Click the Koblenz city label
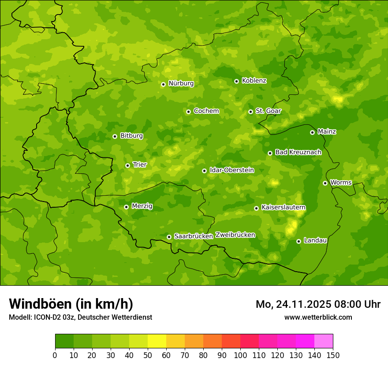pyautogui.click(x=254, y=81)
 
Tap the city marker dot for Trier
pyautogui.click(x=127, y=165)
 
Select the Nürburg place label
pyautogui.click(x=181, y=83)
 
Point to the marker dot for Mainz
pyautogui.click(x=312, y=132)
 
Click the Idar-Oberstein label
pyautogui.click(x=231, y=170)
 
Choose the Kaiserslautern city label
pyautogui.click(x=283, y=207)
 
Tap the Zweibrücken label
pyautogui.click(x=235, y=235)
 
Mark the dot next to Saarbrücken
pyautogui.click(x=169, y=237)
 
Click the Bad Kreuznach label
pyautogui.click(x=298, y=152)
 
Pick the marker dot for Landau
pyautogui.click(x=298, y=241)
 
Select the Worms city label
pyautogui.click(x=340, y=183)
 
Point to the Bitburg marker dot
pyautogui.click(x=115, y=136)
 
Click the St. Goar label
pyautogui.click(x=268, y=111)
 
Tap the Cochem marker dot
pyautogui.click(x=188, y=112)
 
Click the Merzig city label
pyautogui.click(x=142, y=206)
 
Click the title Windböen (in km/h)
pyautogui.click(x=71, y=304)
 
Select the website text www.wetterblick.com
pyautogui.click(x=318, y=317)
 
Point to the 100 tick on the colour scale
pyautogui.click(x=240, y=355)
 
